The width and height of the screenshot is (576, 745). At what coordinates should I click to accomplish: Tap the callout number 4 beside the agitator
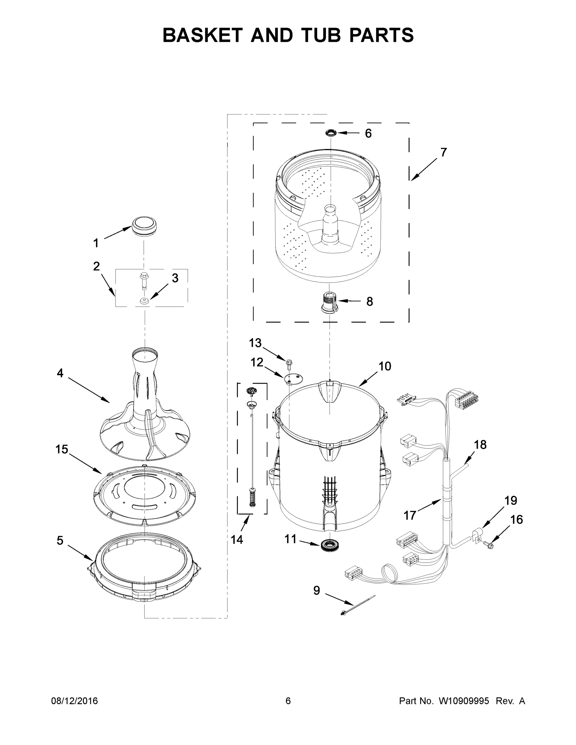click(x=60, y=373)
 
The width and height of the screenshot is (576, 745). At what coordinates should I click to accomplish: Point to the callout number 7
click(x=443, y=152)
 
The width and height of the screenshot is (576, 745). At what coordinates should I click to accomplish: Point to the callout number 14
click(x=237, y=540)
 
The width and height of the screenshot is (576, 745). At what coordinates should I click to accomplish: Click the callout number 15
click(x=62, y=449)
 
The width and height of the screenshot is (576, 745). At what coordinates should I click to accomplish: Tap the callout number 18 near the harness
click(x=480, y=445)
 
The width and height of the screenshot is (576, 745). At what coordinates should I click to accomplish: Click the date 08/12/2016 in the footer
click(x=75, y=701)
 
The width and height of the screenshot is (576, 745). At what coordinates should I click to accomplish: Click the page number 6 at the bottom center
click(x=288, y=701)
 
